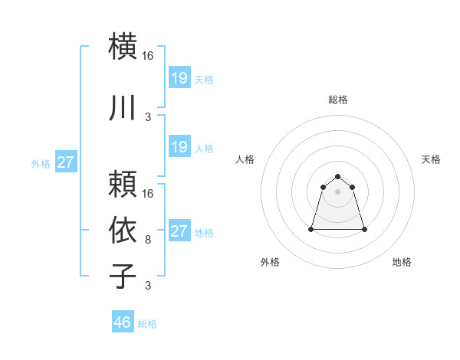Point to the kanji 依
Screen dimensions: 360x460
[123, 229]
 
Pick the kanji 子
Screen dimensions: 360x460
[123, 275]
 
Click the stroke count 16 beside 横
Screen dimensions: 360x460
[148, 56]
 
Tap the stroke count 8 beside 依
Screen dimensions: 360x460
[148, 240]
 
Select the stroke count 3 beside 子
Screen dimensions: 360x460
[148, 286]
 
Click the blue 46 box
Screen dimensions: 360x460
[123, 322]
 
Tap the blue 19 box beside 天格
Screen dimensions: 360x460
[179, 77]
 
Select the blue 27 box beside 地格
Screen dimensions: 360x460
[179, 231]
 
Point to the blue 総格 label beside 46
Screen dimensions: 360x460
[147, 324]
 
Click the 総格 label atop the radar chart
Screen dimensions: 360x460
[338, 100]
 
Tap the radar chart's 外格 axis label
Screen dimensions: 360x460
[270, 262]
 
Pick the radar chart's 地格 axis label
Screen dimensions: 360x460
[402, 262]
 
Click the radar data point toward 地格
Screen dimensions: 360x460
[363, 229]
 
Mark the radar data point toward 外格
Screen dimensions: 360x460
[311, 229]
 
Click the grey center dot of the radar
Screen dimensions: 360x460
[337, 191]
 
